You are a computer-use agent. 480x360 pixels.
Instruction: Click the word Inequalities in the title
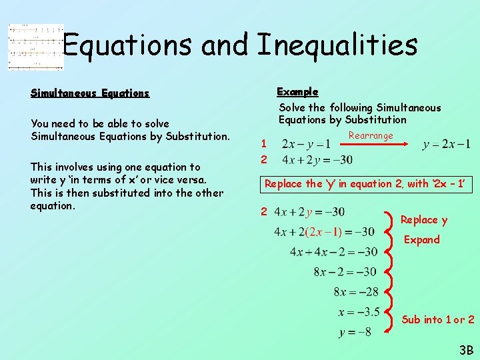pyautogui.click(x=337, y=45)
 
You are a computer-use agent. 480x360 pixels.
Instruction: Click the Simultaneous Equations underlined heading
pyautogui.click(x=90, y=93)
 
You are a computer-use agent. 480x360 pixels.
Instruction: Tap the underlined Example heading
pyautogui.click(x=297, y=91)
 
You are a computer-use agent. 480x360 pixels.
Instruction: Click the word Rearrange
pyautogui.click(x=371, y=135)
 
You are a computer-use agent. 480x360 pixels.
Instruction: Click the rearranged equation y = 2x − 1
pyautogui.click(x=446, y=144)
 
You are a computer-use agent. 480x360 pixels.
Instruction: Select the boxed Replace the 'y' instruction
pyautogui.click(x=365, y=184)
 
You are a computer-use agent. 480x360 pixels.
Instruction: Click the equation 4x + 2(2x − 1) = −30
pyautogui.click(x=325, y=232)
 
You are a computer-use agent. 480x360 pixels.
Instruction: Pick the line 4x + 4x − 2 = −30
pyautogui.click(x=333, y=252)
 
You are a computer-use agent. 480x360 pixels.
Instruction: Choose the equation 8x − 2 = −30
pyautogui.click(x=345, y=272)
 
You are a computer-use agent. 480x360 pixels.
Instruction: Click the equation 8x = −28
pyautogui.click(x=356, y=292)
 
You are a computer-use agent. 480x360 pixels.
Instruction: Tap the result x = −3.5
pyautogui.click(x=359, y=312)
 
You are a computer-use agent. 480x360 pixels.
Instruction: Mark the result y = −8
pyautogui.click(x=355, y=332)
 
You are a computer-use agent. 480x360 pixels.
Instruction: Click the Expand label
pyautogui.click(x=422, y=240)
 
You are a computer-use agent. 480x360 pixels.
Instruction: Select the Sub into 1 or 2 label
pyautogui.click(x=438, y=320)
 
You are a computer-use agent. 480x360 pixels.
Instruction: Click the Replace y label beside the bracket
pyautogui.click(x=424, y=220)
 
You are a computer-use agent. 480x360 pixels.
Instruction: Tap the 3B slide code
pyautogui.click(x=465, y=349)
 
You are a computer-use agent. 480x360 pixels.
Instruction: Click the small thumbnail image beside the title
pyautogui.click(x=35, y=47)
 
